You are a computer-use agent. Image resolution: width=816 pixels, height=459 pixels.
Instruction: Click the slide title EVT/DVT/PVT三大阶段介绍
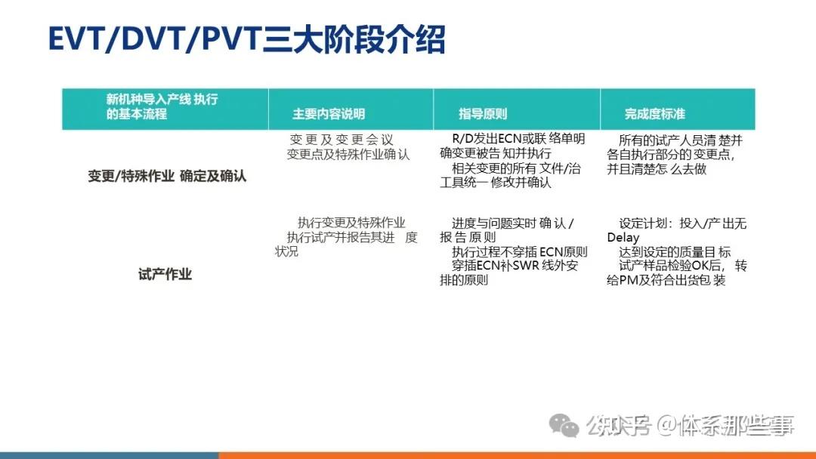(x=246, y=40)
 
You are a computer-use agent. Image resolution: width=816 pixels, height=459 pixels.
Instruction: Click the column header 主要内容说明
(x=329, y=114)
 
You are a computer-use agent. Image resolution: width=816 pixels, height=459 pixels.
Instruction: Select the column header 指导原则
(x=483, y=114)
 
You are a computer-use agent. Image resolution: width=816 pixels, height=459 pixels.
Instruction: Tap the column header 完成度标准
(x=654, y=114)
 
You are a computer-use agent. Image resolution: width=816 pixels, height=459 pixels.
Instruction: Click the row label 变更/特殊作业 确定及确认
(x=167, y=176)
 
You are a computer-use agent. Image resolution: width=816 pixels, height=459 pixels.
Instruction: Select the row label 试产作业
(x=165, y=274)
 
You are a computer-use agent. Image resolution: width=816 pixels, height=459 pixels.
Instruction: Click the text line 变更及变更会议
(x=342, y=140)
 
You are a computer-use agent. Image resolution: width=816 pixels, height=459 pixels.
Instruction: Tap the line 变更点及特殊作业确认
(x=348, y=154)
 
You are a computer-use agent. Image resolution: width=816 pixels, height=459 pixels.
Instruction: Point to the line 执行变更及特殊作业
(x=351, y=223)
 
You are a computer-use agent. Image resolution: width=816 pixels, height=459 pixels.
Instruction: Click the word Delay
(x=623, y=238)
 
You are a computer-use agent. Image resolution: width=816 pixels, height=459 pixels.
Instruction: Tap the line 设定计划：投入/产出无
(x=682, y=223)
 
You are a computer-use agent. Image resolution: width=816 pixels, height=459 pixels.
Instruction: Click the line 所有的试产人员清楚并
(x=680, y=140)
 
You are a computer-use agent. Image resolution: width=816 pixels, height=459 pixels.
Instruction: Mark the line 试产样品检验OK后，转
(x=683, y=266)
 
